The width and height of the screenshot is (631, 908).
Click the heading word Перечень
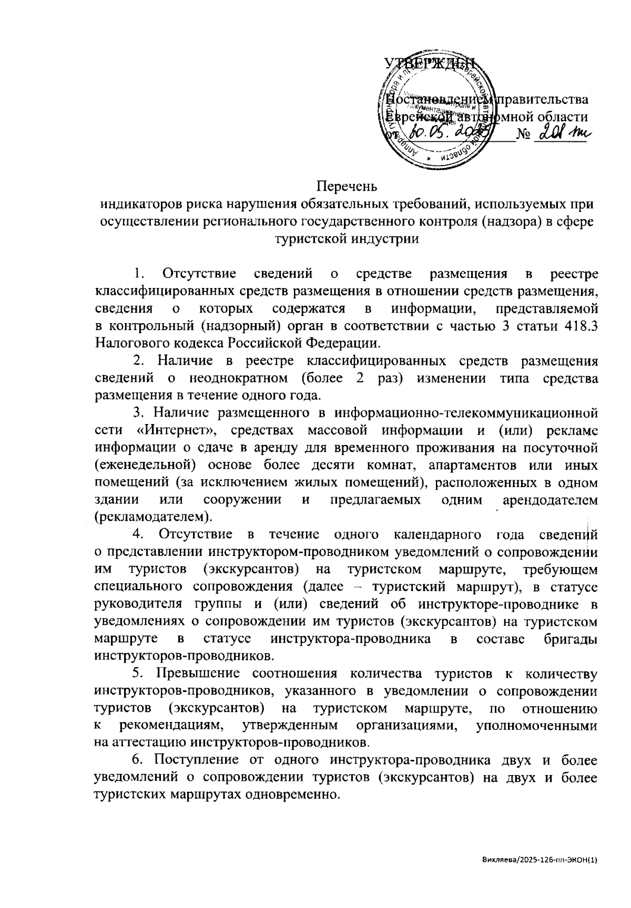click(x=347, y=186)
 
